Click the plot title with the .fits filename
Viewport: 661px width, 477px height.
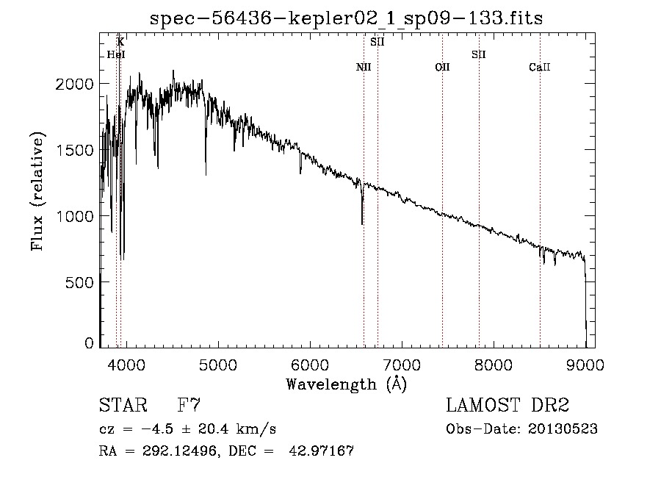click(346, 18)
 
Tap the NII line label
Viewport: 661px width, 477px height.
click(364, 68)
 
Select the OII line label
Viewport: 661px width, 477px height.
click(442, 68)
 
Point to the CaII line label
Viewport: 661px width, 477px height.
click(540, 68)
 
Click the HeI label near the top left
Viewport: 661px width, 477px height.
click(116, 54)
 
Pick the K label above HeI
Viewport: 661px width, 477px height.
click(120, 42)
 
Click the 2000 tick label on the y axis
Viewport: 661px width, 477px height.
click(76, 84)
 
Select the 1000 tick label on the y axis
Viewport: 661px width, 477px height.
click(76, 216)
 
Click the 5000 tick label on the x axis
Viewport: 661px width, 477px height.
click(217, 364)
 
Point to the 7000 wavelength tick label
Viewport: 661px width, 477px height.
click(402, 364)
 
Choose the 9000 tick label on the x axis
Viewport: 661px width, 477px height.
click(585, 364)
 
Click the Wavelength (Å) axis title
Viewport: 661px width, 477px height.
click(346, 384)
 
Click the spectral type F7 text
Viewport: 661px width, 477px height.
click(189, 405)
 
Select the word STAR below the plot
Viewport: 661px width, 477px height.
click(122, 405)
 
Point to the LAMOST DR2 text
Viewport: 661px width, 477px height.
click(508, 405)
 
